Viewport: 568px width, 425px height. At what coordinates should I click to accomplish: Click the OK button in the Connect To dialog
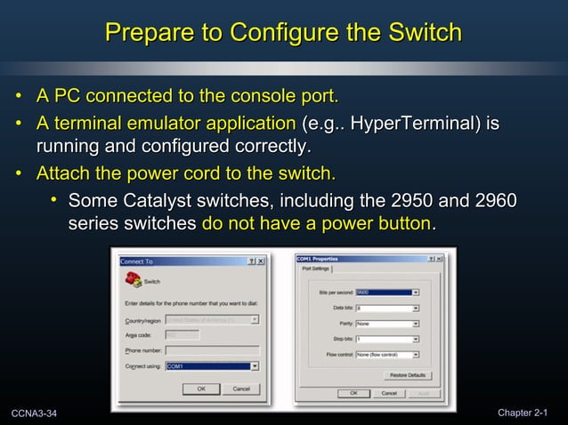(200, 389)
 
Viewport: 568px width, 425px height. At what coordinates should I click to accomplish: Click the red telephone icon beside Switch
(134, 279)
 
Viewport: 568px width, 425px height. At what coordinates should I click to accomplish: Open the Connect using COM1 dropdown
(213, 365)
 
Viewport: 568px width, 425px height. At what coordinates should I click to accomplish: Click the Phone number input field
(213, 349)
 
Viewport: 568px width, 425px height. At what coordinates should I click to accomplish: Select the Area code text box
(183, 334)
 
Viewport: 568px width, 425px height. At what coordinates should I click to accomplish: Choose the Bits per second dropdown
(387, 292)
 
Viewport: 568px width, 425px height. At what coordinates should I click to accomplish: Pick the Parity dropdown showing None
(387, 324)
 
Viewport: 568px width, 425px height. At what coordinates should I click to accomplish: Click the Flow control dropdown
(387, 356)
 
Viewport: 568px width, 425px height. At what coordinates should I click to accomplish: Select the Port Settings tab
(316, 268)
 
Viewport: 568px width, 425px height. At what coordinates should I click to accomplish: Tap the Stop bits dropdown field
(387, 340)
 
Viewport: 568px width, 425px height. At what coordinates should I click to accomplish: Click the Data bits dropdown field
(387, 308)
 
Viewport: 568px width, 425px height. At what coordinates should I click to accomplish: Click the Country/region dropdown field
(213, 319)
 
